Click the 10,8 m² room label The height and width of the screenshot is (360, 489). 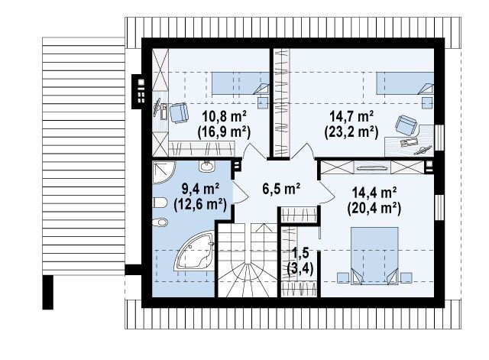(225, 117)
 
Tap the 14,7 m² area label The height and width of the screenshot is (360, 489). (351, 117)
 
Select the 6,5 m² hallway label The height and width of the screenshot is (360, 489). (281, 189)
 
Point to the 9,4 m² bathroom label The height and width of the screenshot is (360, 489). (200, 189)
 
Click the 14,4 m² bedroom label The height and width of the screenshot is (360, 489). (374, 193)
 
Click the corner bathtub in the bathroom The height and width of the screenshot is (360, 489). (195, 251)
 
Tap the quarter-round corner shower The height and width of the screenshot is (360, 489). (164, 172)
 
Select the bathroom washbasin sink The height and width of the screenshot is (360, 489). (207, 166)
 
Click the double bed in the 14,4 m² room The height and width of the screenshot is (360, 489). (374, 256)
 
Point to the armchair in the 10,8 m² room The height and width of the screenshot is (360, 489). (179, 112)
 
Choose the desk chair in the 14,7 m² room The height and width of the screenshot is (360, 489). (406, 125)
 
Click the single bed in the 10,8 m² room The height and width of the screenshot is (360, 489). (241, 83)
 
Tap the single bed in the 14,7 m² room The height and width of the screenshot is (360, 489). (405, 83)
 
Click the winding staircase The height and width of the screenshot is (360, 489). (247, 260)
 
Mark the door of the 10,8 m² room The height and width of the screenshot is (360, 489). (254, 152)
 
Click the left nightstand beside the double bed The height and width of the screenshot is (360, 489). (343, 277)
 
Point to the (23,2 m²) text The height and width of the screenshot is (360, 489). (351, 132)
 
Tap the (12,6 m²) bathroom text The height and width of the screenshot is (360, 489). (200, 204)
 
